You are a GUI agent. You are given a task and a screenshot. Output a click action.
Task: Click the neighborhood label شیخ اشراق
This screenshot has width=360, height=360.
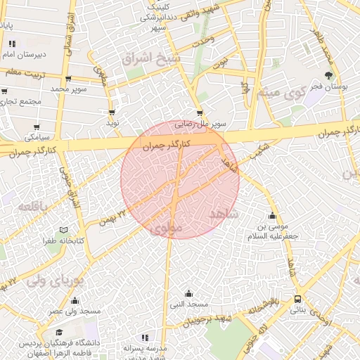(x=151, y=58)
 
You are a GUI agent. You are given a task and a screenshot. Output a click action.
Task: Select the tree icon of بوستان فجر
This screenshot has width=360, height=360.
(x=328, y=75)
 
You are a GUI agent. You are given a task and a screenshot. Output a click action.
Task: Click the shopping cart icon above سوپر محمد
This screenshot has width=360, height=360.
(x=67, y=79)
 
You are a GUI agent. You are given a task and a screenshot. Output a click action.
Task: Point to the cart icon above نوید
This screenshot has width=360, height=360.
(x=112, y=112)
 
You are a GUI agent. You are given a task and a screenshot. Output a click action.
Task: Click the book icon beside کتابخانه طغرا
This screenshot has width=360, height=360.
(x=64, y=230)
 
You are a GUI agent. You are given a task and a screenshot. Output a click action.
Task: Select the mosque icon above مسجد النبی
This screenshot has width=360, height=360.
(x=188, y=294)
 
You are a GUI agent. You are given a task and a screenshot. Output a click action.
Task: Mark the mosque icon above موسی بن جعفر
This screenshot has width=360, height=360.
(x=272, y=215)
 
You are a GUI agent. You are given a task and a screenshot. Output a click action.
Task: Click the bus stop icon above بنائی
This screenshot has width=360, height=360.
(x=298, y=299)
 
